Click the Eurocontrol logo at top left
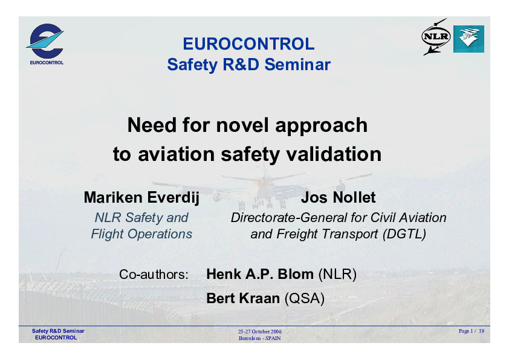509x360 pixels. point(46,44)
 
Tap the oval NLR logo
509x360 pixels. point(436,36)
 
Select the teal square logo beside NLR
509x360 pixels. point(468,39)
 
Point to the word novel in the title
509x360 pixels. point(242,125)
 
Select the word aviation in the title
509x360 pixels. point(177,154)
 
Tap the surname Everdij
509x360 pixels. point(173,197)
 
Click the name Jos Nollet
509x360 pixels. point(339,197)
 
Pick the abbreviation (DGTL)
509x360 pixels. point(404,234)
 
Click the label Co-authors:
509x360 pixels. point(154,275)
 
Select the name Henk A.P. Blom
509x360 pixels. point(260,274)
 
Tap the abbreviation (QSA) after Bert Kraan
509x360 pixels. point(305,298)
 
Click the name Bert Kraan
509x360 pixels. point(243,298)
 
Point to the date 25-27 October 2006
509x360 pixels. point(260,332)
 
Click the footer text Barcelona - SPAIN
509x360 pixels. point(260,338)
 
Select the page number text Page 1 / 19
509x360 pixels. point(472,331)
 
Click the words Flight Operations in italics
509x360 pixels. point(141,234)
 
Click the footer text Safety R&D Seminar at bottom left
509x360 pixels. point(58,331)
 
